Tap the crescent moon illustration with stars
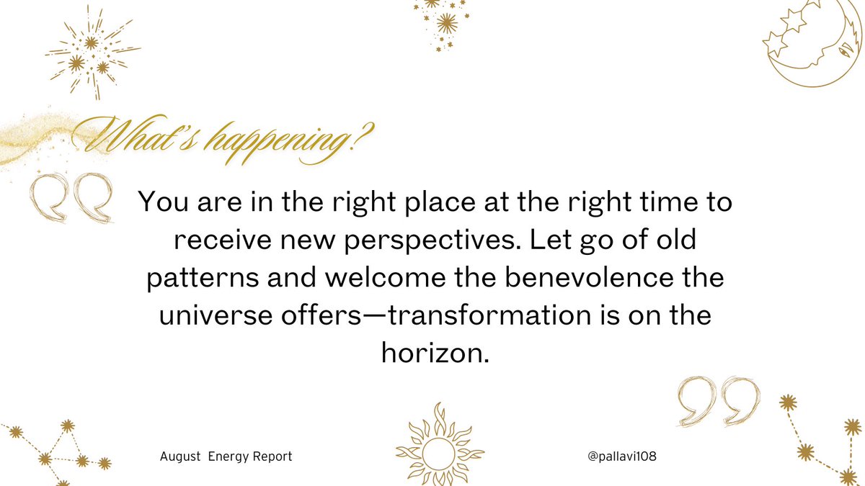tap(807, 43)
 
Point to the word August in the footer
tap(180, 457)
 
